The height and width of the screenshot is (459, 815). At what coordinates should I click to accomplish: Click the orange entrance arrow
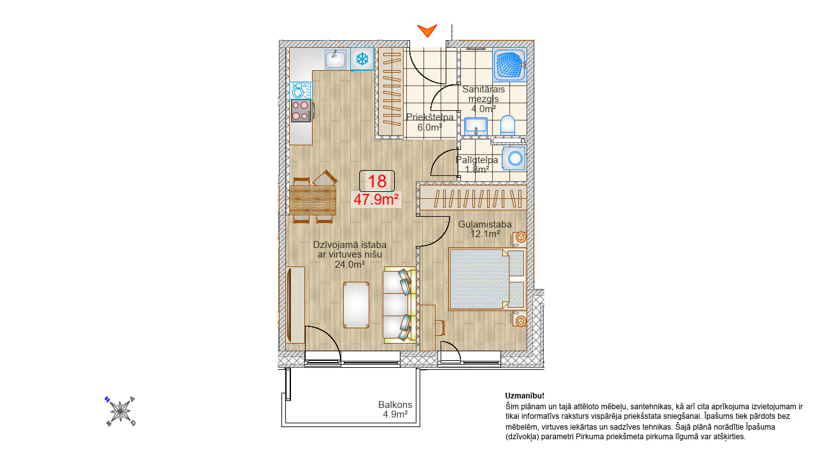[x=427, y=31]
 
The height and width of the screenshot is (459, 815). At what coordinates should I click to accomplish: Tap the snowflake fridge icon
[x=362, y=59]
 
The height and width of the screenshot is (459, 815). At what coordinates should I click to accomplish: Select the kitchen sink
[x=336, y=59]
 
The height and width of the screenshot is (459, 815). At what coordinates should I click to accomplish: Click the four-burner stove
[x=301, y=111]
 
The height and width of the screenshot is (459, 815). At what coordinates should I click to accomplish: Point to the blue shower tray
[x=509, y=65]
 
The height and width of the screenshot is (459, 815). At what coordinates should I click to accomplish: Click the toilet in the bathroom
[x=507, y=126]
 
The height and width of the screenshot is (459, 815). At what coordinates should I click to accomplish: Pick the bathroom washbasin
[x=476, y=126]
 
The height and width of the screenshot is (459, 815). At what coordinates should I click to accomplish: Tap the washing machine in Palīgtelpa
[x=514, y=159]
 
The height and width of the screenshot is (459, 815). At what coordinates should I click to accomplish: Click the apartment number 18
[x=377, y=181]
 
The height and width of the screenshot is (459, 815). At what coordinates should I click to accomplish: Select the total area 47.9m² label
[x=376, y=200]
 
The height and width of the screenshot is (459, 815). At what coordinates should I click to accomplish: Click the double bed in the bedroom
[x=487, y=279]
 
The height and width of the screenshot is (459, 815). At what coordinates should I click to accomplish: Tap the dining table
[x=313, y=200]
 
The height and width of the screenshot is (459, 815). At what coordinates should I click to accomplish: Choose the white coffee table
[x=356, y=305]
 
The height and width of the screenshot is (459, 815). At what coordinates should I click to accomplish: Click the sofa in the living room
[x=399, y=305]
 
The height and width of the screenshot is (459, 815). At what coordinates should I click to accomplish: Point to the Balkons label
[x=395, y=405]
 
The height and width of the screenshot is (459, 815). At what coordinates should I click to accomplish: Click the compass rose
[x=120, y=412]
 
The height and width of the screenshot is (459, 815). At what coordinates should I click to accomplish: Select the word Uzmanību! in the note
[x=525, y=396]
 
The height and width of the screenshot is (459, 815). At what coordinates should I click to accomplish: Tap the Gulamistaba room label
[x=485, y=224]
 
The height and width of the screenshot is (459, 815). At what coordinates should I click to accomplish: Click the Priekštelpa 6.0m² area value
[x=430, y=127]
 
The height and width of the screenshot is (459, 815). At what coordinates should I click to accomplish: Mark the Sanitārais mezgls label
[x=483, y=94]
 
